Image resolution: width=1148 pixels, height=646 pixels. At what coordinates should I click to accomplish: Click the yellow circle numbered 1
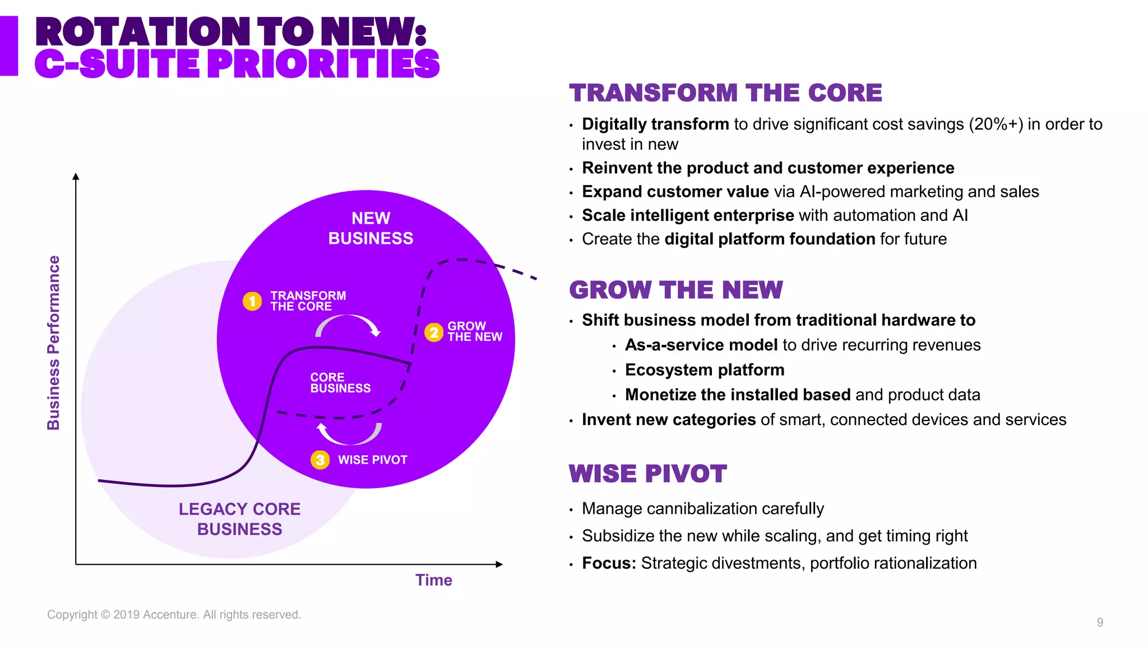pyautogui.click(x=252, y=301)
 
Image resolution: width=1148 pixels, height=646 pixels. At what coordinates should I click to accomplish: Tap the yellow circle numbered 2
pyautogui.click(x=433, y=333)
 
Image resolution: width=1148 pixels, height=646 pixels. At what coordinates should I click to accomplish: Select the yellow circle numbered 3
pyautogui.click(x=320, y=460)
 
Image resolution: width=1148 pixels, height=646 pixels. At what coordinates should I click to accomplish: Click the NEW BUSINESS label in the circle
pyautogui.click(x=371, y=228)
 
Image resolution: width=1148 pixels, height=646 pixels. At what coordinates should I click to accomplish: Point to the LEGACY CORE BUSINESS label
pyautogui.click(x=239, y=519)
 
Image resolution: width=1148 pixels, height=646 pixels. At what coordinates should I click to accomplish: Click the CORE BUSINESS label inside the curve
pyautogui.click(x=340, y=383)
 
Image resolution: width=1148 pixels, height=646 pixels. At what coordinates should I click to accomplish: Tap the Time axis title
pyautogui.click(x=433, y=580)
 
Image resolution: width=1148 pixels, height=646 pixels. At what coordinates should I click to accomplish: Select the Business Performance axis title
pyautogui.click(x=53, y=343)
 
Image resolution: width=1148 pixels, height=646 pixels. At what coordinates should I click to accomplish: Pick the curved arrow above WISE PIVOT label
pyautogui.click(x=349, y=433)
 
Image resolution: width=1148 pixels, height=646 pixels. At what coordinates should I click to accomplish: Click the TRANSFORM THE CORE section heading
pyautogui.click(x=725, y=93)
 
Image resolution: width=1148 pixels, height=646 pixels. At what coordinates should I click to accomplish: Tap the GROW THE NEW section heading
pyautogui.click(x=675, y=290)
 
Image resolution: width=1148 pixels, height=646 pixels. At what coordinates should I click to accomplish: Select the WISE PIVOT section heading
pyautogui.click(x=647, y=474)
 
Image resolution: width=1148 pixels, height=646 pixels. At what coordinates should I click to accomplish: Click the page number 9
pyautogui.click(x=1100, y=622)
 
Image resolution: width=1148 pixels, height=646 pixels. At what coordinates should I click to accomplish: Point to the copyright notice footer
pyautogui.click(x=174, y=615)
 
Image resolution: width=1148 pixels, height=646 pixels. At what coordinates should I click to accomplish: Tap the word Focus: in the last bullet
pyautogui.click(x=609, y=563)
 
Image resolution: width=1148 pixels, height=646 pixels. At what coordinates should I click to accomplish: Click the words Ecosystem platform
pyautogui.click(x=705, y=370)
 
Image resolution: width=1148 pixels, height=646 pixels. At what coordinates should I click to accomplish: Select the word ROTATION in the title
pyautogui.click(x=143, y=32)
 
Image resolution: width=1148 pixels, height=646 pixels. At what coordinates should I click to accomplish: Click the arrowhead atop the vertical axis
pyautogui.click(x=76, y=176)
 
